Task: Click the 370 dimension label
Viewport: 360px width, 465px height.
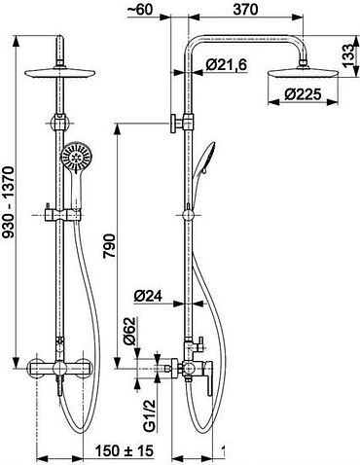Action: [x=245, y=9]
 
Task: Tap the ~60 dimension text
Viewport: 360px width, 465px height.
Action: [x=140, y=9]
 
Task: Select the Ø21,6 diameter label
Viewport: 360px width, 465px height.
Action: [x=226, y=65]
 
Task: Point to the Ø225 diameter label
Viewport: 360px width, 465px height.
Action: [x=303, y=94]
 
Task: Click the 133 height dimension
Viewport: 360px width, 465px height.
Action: [x=348, y=55]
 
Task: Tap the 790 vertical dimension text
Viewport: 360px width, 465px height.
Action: [x=109, y=246]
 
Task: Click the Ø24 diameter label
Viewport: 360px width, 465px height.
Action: [x=148, y=297]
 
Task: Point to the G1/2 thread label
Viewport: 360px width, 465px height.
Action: [x=150, y=416]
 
